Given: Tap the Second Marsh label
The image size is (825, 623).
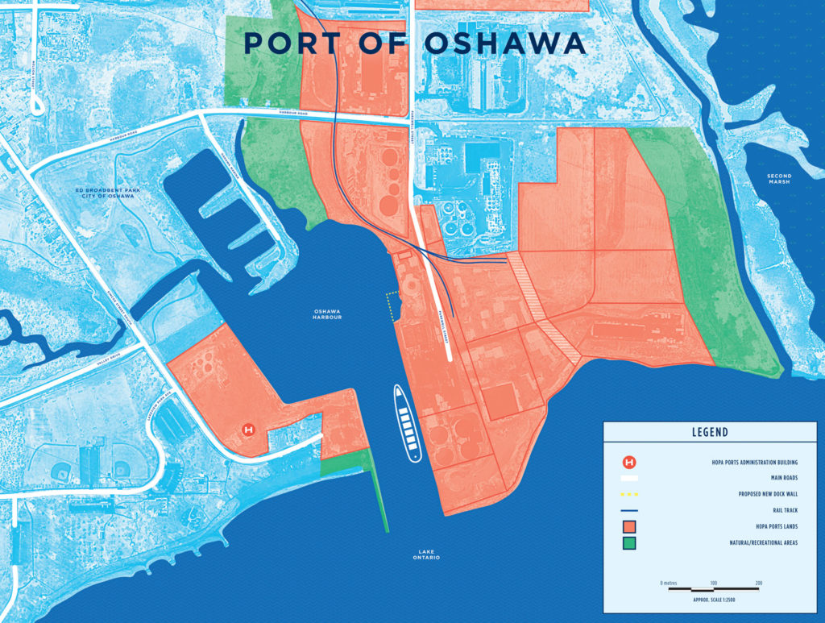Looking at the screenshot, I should (x=779, y=179).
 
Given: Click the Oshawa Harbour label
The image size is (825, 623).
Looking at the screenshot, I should (x=328, y=314).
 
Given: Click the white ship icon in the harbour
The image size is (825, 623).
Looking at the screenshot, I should (x=408, y=422).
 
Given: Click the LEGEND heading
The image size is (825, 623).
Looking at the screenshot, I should (x=709, y=432).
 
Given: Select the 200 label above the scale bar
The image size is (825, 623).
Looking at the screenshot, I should (x=758, y=582).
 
